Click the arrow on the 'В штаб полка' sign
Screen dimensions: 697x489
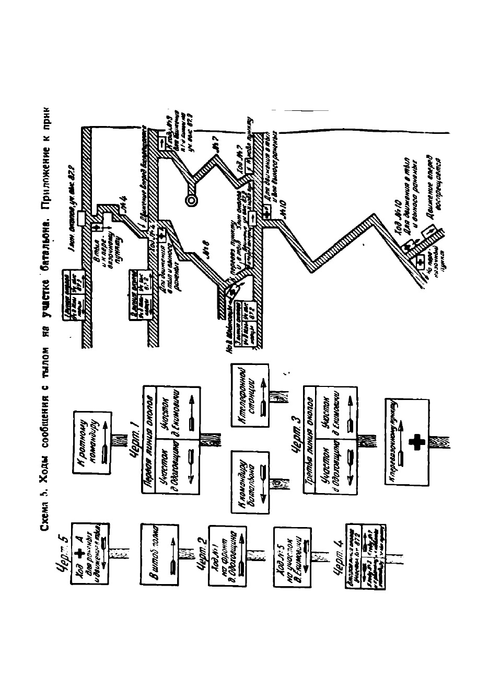pos(170,558)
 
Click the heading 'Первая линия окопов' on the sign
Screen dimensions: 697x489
pos(148,442)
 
